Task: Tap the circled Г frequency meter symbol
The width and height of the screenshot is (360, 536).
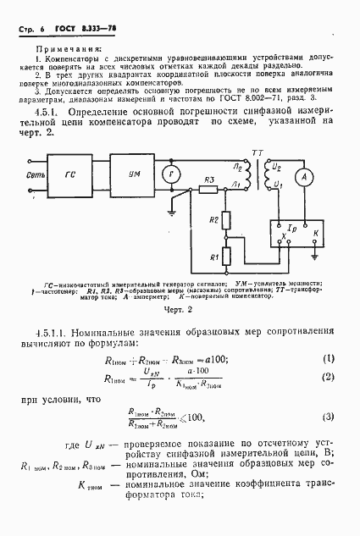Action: pos(173,175)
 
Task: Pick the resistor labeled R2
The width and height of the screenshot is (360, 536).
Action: pos(224,221)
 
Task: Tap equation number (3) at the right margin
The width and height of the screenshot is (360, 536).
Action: pos(330,416)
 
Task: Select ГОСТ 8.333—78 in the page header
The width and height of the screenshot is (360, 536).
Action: pos(86,28)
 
